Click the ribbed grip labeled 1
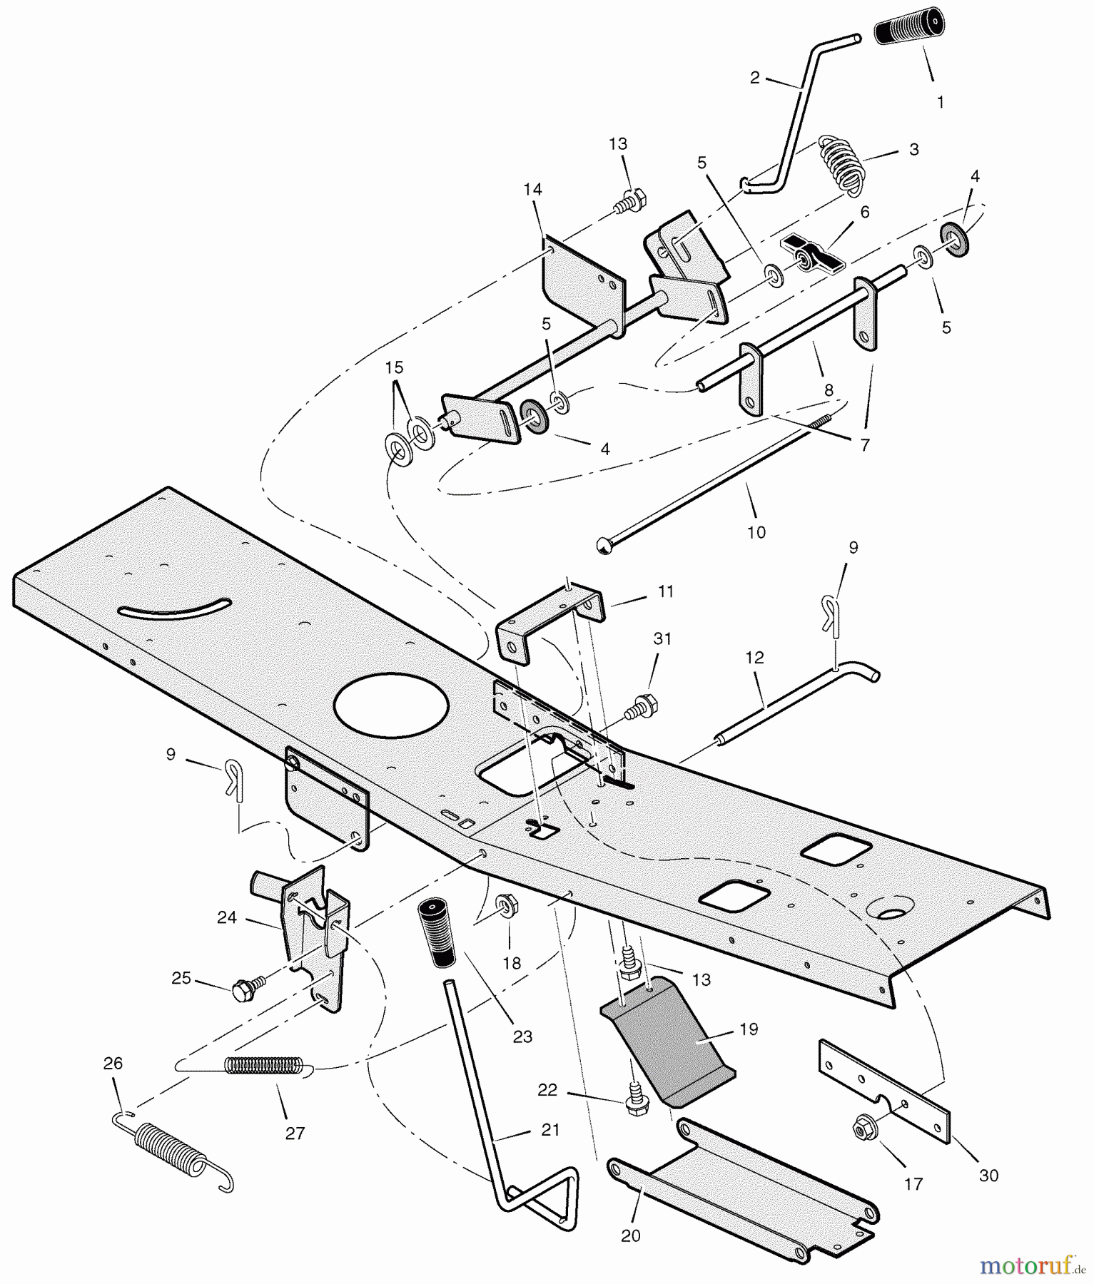pos(909,31)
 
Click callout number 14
pos(532,189)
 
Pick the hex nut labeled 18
pos(508,906)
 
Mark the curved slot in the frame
pos(175,608)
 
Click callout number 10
pos(756,531)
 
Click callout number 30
pos(988,1175)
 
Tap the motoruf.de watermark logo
pos(1032,1265)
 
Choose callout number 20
pos(631,1235)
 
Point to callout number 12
pos(754,657)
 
